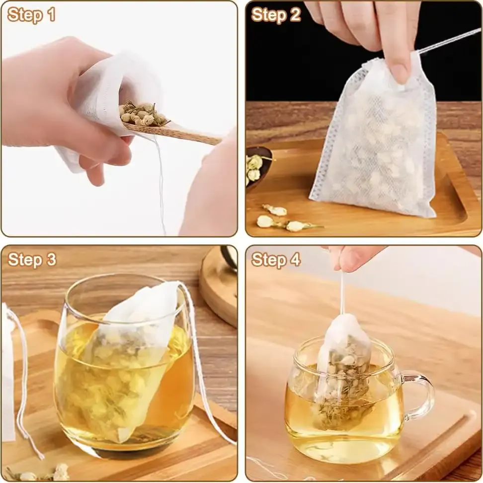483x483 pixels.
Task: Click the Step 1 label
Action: click(31, 15)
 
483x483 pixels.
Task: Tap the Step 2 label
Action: click(276, 15)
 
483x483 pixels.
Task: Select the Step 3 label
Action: click(32, 259)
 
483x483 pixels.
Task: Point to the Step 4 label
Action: click(276, 259)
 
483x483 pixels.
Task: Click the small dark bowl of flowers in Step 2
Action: click(256, 166)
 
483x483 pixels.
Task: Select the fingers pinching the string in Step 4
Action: click(353, 258)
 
